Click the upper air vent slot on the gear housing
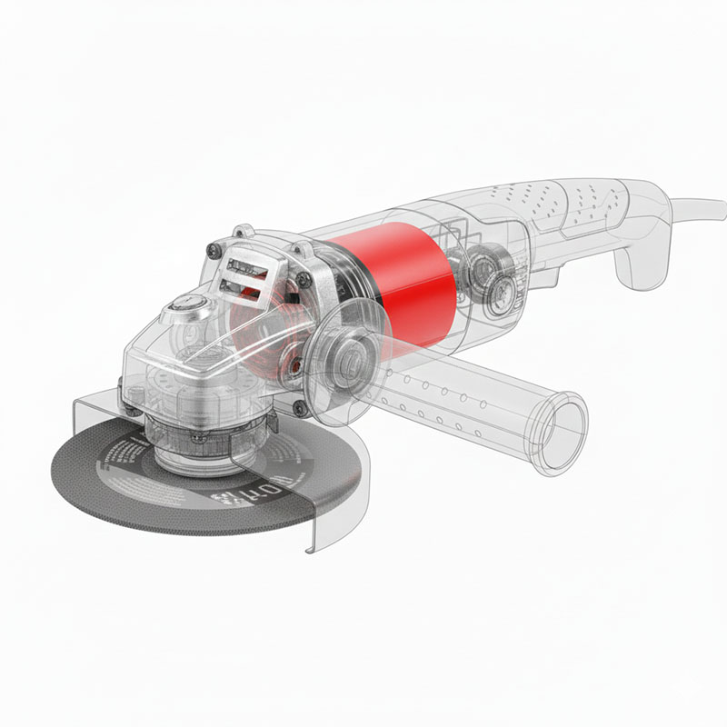[244, 265]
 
